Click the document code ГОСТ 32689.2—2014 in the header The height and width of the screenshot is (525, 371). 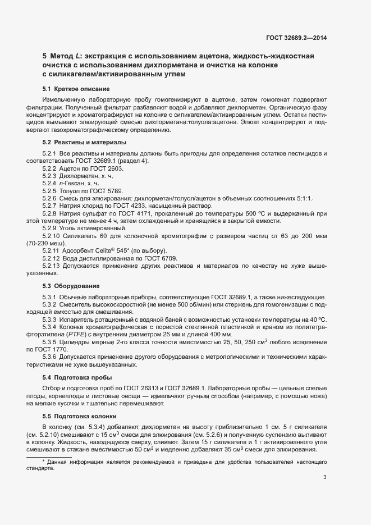click(x=296, y=38)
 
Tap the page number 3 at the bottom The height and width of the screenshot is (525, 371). click(x=325, y=477)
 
